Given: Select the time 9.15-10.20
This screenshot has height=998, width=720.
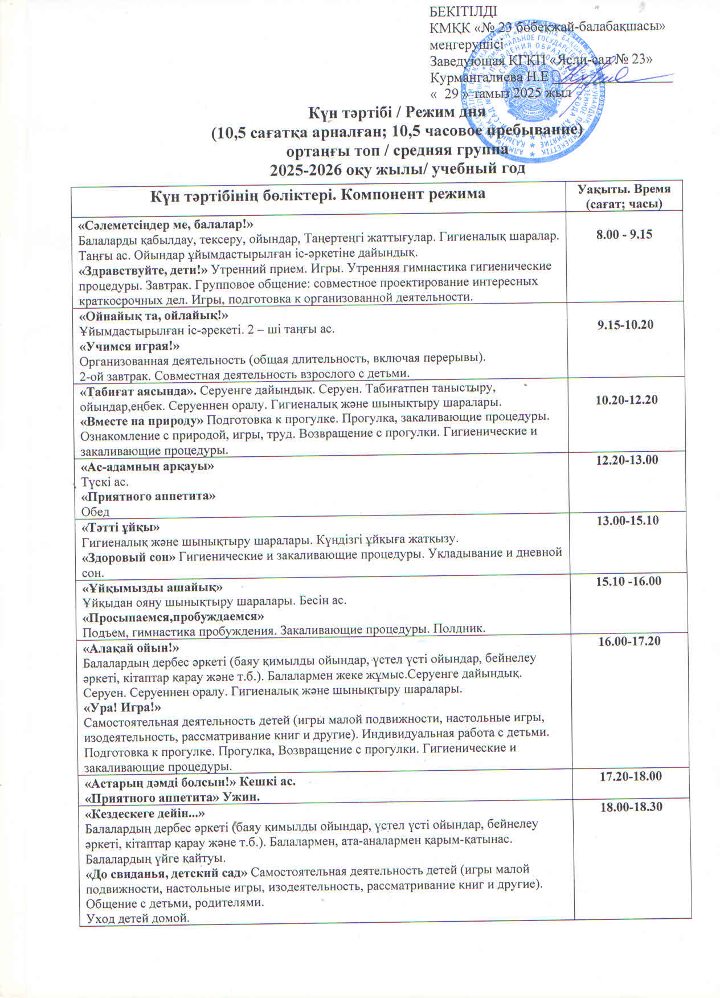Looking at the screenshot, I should (x=625, y=325).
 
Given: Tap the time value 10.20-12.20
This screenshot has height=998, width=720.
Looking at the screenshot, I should (x=626, y=400).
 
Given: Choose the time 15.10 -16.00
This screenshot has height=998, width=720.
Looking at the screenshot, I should (x=628, y=581).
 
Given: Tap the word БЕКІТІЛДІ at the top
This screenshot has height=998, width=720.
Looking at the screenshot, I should (x=463, y=11).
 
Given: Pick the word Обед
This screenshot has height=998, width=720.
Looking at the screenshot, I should (x=95, y=512).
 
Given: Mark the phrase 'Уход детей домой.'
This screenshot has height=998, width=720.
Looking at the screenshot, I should (x=137, y=918).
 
